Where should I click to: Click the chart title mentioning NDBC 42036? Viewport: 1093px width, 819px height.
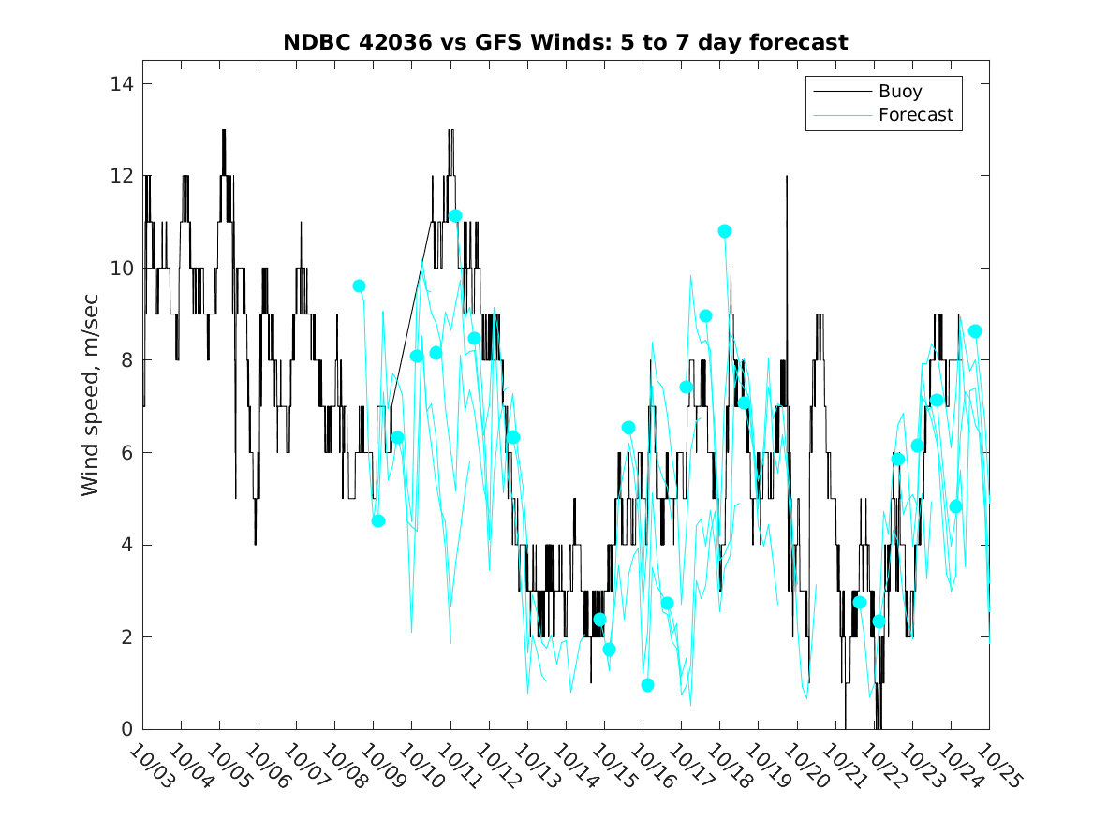coord(566,42)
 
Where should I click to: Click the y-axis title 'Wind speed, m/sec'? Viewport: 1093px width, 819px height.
coord(90,405)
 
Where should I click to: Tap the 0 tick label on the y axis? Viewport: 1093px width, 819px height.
coord(125,729)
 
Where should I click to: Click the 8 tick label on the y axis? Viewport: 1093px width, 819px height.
coord(125,360)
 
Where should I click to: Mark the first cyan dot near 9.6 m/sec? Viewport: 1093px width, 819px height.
coord(359,285)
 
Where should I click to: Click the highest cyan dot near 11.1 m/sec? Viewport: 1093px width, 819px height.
coord(455,216)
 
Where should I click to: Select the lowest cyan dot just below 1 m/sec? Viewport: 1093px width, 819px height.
coord(647,685)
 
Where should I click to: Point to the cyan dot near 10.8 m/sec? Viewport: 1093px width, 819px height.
coord(725,231)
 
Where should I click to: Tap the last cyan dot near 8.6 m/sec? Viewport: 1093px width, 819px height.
coord(975,331)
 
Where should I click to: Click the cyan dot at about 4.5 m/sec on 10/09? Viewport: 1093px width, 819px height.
coord(378,520)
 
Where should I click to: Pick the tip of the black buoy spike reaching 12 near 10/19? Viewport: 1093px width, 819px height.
coord(787,177)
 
